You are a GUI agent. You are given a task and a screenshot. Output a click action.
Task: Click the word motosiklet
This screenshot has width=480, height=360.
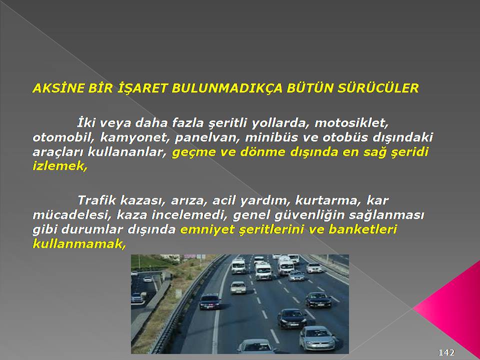(351, 123)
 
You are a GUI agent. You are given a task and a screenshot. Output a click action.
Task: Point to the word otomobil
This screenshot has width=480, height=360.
(64, 137)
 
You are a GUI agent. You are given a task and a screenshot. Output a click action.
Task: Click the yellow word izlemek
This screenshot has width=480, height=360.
(60, 166)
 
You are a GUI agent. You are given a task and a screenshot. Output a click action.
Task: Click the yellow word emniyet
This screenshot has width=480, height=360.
(207, 230)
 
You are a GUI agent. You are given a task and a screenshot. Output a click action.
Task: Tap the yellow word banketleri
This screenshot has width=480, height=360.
(362, 229)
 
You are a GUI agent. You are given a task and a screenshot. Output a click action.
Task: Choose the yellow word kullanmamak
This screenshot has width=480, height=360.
(79, 243)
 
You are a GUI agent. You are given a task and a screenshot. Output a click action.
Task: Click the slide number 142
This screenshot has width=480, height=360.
(446, 352)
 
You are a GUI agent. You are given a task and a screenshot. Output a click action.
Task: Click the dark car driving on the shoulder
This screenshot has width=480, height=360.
(210, 301)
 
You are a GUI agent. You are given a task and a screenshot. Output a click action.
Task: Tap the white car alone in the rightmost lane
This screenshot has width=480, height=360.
(314, 268)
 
